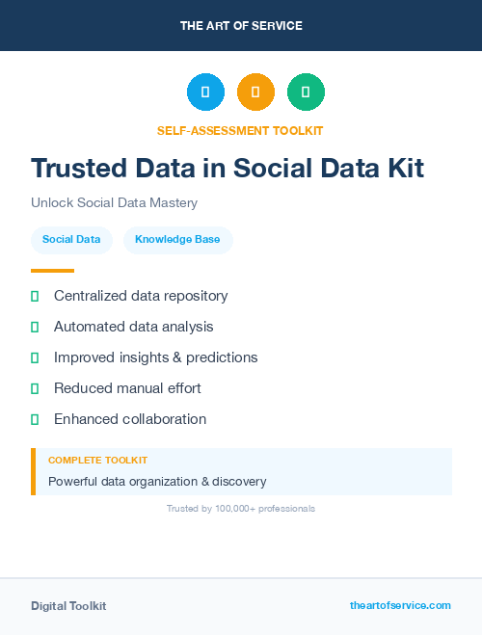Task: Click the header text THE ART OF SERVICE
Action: [x=241, y=25]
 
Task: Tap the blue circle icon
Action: [x=205, y=93]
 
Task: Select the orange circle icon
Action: [x=255, y=93]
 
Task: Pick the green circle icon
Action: [x=306, y=93]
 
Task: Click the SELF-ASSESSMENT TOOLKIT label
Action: [x=240, y=130]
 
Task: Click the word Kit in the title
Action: [x=400, y=168]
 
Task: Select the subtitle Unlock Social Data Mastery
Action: [x=114, y=203]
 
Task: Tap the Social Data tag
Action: [x=71, y=239]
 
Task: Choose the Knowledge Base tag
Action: [x=177, y=239]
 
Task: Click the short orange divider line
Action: [x=52, y=271]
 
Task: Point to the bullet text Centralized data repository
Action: [x=141, y=296]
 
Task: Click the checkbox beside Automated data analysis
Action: [x=35, y=327]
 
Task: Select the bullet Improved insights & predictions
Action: [x=155, y=357]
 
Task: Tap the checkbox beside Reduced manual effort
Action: [x=35, y=388]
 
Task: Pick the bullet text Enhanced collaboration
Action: [x=130, y=419]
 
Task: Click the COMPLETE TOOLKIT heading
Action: [x=97, y=461]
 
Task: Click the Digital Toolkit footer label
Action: [x=68, y=606]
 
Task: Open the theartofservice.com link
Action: [x=400, y=605]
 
